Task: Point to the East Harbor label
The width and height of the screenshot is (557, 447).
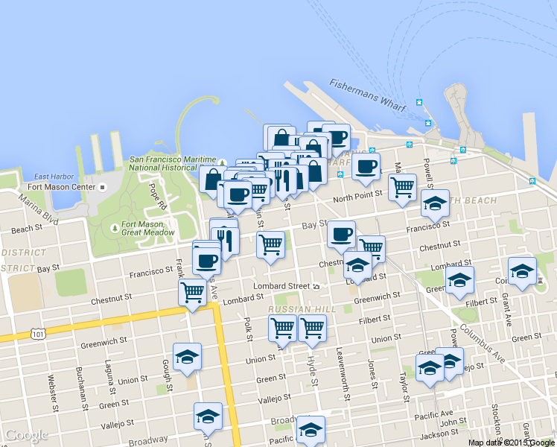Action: [51, 176]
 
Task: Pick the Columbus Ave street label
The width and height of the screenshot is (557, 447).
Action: [483, 344]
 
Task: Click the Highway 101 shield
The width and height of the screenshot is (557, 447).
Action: [38, 335]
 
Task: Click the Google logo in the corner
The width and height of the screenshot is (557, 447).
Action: [25, 435]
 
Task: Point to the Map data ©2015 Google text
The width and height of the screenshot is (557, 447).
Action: [511, 443]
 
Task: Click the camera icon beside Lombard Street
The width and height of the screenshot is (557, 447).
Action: [316, 286]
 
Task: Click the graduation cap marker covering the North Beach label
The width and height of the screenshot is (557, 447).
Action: [435, 201]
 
